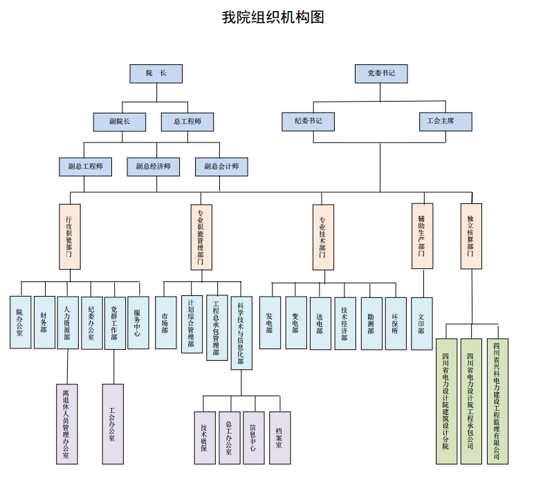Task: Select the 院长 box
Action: [156, 73]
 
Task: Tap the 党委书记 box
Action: [381, 73]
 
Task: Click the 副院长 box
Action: [120, 122]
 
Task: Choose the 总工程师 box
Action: [187, 122]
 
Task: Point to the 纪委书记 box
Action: [308, 121]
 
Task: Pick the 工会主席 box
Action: [445, 121]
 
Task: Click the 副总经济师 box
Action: [153, 167]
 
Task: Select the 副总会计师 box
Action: [221, 167]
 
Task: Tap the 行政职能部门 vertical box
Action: [69, 236]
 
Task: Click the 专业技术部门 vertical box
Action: [323, 236]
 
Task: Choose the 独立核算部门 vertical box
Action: [471, 236]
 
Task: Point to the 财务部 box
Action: [44, 322]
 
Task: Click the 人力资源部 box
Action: [68, 322]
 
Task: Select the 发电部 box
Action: [270, 323]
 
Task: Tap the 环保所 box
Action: [396, 323]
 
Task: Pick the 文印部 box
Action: [421, 323]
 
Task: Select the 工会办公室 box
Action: [113, 424]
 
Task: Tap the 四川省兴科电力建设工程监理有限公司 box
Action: [497, 402]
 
